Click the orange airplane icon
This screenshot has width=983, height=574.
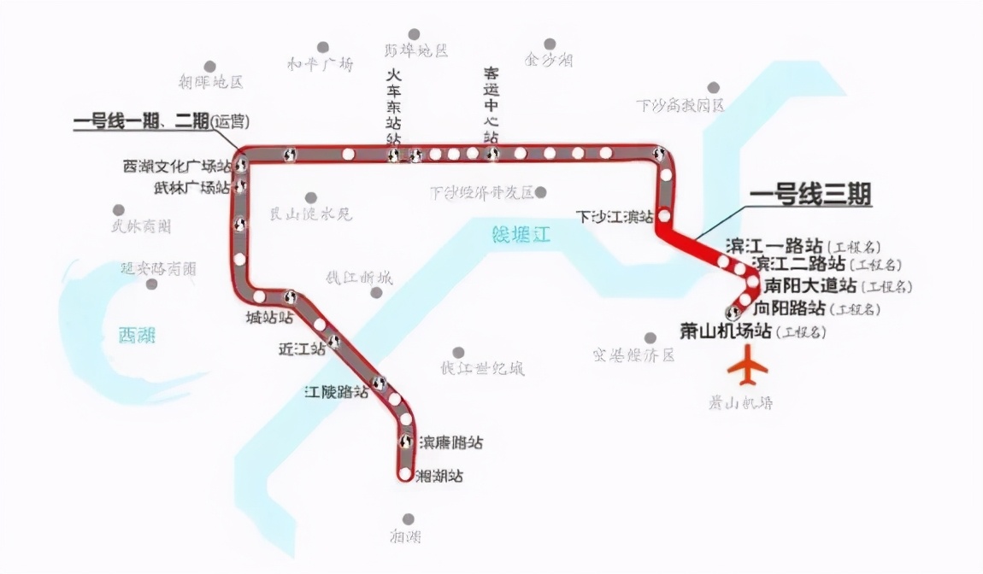coord(747,368)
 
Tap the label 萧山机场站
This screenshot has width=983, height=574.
coord(726,330)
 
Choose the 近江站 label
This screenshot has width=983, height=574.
coord(302,348)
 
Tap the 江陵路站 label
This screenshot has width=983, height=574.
coord(337,392)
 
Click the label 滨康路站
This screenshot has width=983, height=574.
coord(450,442)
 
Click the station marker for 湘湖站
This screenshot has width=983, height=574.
coord(404,474)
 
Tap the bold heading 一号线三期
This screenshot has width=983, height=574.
coord(810,196)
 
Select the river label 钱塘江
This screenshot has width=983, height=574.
coord(521,234)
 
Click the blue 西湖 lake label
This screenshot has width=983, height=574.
coord(137,334)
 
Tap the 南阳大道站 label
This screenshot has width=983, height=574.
coord(810,284)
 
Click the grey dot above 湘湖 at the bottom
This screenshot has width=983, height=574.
coord(409,518)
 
